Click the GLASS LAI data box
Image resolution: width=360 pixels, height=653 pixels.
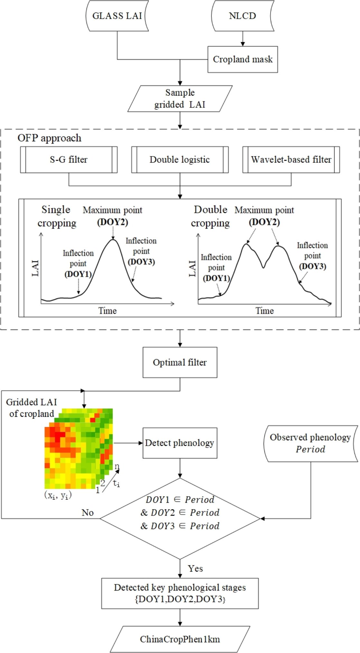(x=117, y=16)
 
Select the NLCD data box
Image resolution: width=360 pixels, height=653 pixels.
(x=242, y=16)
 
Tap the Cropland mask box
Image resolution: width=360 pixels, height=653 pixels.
(x=243, y=59)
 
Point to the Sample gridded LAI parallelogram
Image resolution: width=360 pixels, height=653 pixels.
(x=180, y=98)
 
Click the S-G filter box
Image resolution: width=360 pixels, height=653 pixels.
(x=69, y=160)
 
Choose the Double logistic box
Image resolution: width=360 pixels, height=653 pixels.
(x=180, y=160)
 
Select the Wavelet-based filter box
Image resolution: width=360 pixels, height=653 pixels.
(x=291, y=160)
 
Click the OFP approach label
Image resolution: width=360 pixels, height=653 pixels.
(x=49, y=138)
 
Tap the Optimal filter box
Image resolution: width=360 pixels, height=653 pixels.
(x=180, y=362)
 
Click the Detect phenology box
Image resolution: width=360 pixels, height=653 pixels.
(x=180, y=443)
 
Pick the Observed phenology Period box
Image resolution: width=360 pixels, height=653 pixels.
(x=310, y=443)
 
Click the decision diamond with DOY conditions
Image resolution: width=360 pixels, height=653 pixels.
(x=180, y=518)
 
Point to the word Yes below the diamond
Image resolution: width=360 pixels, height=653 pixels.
(x=195, y=568)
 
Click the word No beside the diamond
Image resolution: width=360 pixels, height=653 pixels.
(x=88, y=512)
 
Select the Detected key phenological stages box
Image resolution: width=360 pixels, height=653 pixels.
(x=180, y=593)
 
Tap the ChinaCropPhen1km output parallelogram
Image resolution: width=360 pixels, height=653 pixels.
(x=180, y=639)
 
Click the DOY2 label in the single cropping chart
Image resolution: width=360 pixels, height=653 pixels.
(x=113, y=222)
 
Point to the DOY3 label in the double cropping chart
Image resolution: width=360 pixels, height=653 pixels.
(x=312, y=266)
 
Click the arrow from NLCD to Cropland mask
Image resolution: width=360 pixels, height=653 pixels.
(x=243, y=39)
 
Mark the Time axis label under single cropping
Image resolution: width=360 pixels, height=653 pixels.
(x=107, y=311)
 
